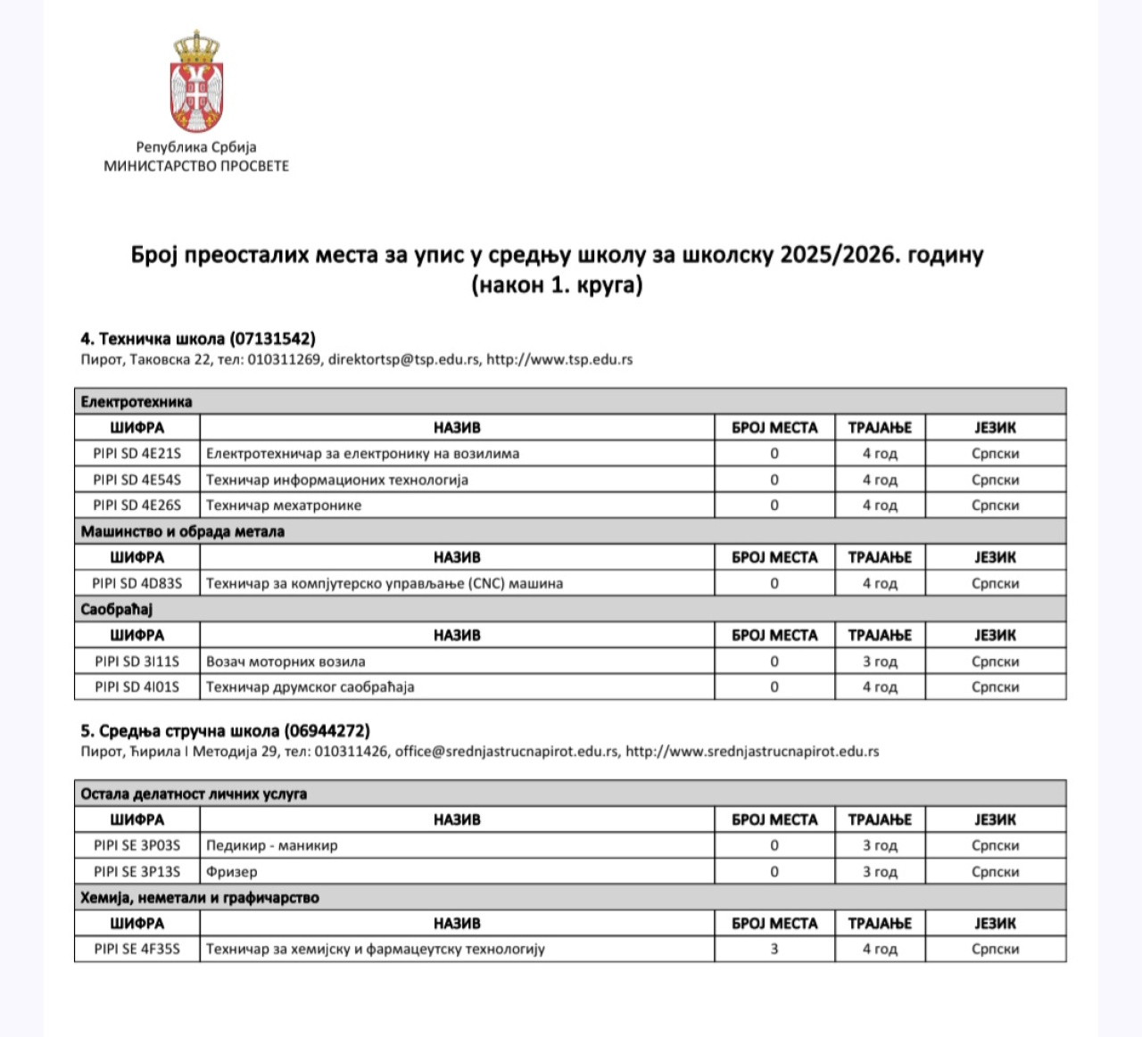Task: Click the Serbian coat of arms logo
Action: pos(196,82)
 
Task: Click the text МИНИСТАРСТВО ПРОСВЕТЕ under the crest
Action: pos(196,166)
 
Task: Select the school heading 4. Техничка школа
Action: pos(198,339)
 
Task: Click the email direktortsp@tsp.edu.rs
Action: pos(403,360)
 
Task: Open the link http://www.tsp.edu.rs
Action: pos(559,360)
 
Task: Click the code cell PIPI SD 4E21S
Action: pos(137,454)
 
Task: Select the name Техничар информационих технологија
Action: pos(337,480)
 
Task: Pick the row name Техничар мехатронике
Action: pos(284,506)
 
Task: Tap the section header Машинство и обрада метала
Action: pos(183,531)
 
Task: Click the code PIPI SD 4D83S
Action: pos(137,584)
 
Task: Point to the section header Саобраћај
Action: pos(117,610)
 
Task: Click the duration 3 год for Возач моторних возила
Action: pos(880,662)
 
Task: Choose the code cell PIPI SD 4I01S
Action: pos(137,687)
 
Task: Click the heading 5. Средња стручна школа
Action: pos(225,731)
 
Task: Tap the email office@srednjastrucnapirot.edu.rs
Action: pos(507,752)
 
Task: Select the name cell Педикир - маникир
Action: pos(272,845)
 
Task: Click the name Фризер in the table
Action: pos(232,872)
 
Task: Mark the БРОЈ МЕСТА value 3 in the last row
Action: pos(774,950)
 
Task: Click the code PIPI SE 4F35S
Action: pos(137,950)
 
